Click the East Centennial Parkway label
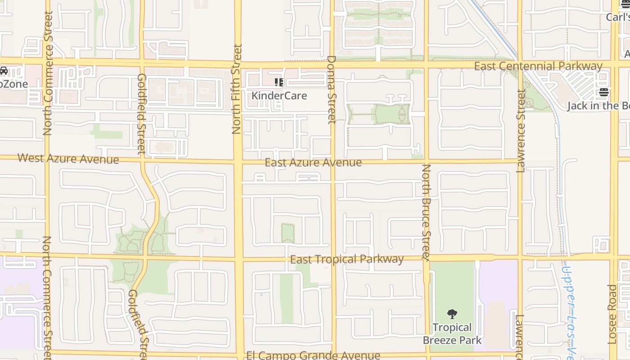click(538, 67)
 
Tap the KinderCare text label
click(279, 96)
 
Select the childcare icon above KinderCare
click(279, 82)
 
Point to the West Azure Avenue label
click(68, 159)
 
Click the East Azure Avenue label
click(313, 163)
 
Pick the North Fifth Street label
click(237, 89)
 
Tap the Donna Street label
click(332, 90)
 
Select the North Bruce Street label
click(426, 212)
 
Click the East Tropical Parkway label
click(346, 259)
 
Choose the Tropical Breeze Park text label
click(452, 334)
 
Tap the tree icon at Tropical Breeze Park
click(452, 314)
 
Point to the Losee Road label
click(612, 314)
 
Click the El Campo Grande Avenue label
click(313, 355)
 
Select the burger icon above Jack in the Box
click(603, 92)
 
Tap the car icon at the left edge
click(4, 71)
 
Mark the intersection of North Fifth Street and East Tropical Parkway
click(238, 259)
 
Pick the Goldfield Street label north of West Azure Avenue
click(141, 114)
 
